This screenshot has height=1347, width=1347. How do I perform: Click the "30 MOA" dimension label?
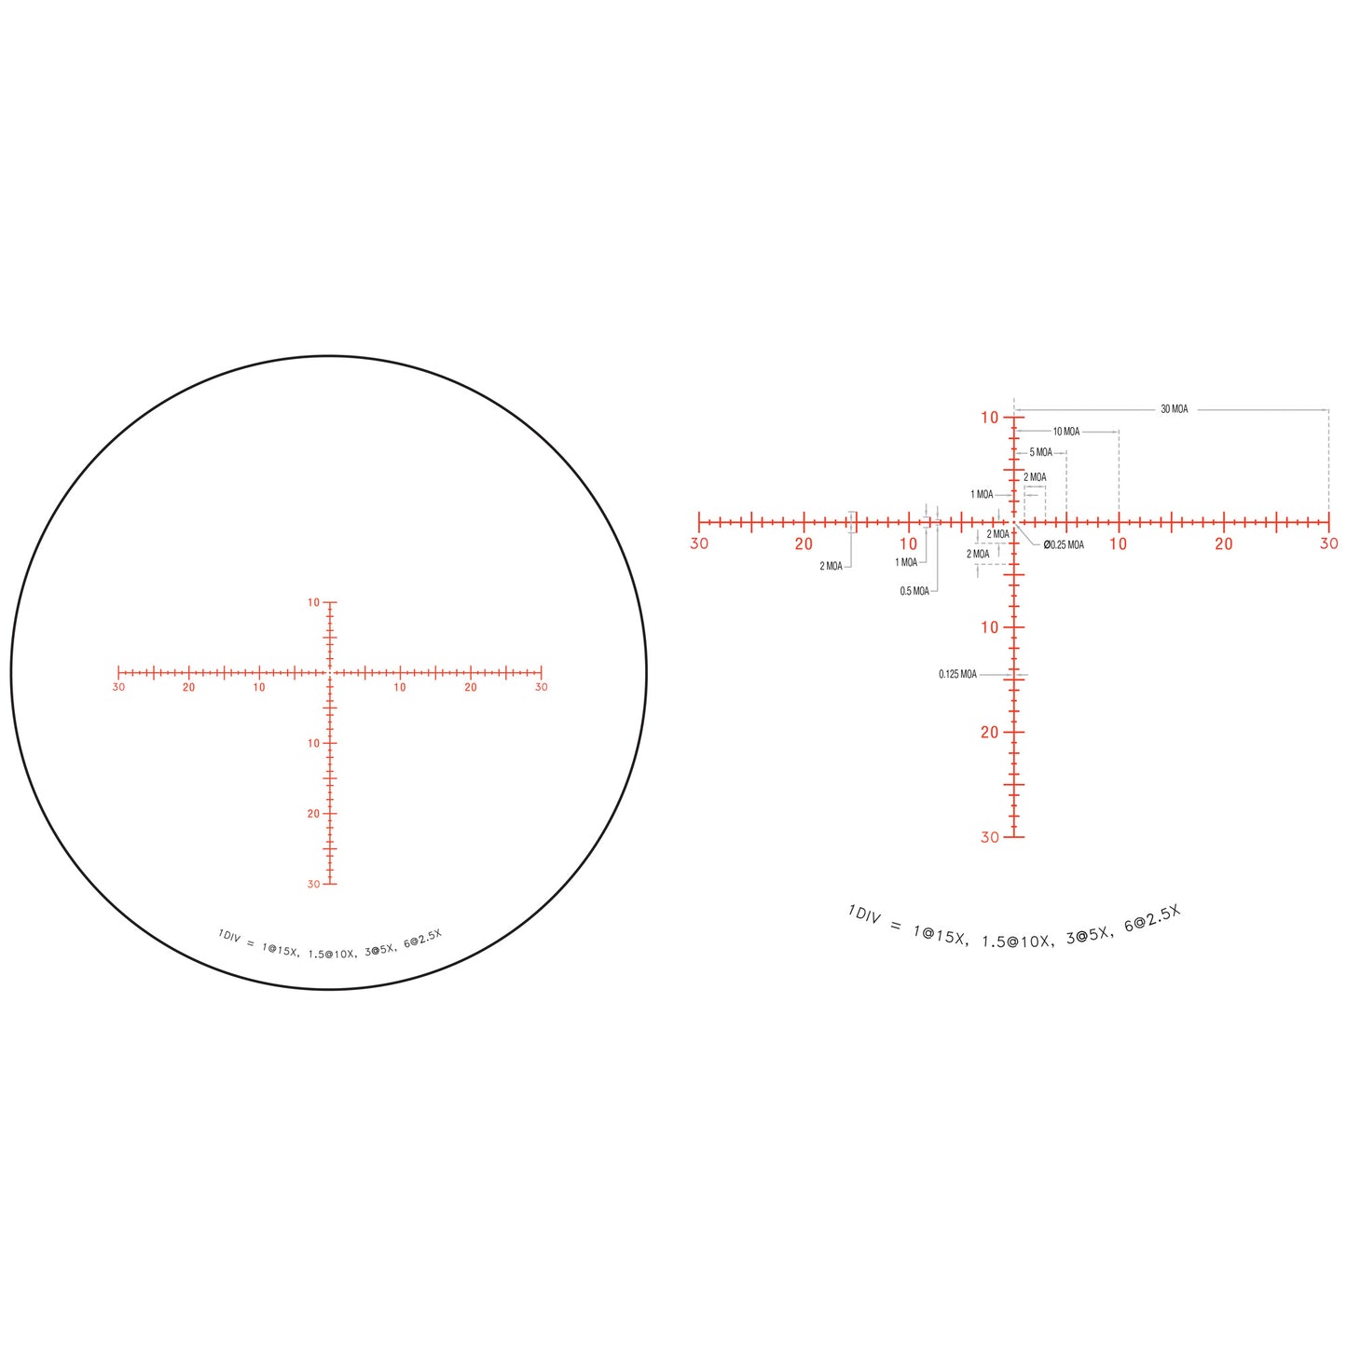tap(1174, 409)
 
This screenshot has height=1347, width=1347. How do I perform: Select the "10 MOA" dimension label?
tap(1066, 432)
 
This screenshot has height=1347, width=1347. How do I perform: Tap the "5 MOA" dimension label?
tap(1040, 452)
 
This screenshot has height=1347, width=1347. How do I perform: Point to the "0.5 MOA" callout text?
tap(914, 591)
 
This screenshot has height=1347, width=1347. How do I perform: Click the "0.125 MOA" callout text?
tap(957, 675)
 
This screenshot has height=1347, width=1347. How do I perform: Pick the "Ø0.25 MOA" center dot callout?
tap(1064, 544)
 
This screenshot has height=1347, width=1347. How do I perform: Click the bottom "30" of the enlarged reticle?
tap(990, 837)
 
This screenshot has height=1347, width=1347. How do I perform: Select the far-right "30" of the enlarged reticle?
tap(1329, 543)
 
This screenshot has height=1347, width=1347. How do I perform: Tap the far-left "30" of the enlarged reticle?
tap(699, 543)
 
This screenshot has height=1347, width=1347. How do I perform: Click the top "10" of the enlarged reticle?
tap(990, 418)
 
